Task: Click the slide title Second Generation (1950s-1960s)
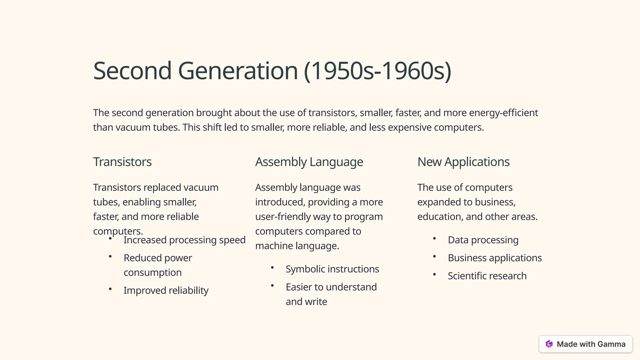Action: [272, 71]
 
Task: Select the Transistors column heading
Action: [122, 162]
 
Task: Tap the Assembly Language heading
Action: [309, 162]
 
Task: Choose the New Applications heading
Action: [463, 162]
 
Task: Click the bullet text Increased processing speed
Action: [184, 240]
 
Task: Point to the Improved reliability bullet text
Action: [166, 290]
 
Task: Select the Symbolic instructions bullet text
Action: [332, 269]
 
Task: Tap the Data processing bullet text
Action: [483, 240]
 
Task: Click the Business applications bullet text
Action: [494, 258]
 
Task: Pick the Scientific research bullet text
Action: [487, 276]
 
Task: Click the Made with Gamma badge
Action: [585, 344]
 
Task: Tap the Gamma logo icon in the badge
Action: [549, 344]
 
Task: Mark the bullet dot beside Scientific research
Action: [434, 275]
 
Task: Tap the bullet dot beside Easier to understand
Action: [272, 286]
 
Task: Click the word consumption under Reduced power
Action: [152, 272]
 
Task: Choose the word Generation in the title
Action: [237, 71]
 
